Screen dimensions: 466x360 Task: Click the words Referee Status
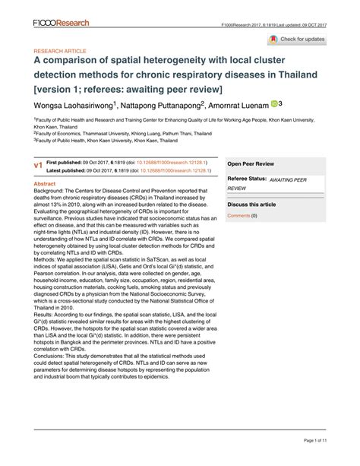coord(249,178)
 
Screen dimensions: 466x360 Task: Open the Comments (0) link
coord(242,215)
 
